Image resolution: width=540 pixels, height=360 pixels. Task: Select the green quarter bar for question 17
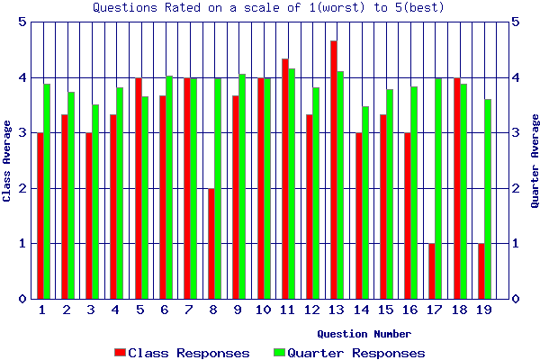438,188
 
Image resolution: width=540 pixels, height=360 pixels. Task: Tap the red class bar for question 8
211,243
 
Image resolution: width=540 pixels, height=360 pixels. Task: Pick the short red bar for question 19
481,270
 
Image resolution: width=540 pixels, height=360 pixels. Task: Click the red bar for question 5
138,188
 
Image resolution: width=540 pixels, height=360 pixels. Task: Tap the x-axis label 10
263,310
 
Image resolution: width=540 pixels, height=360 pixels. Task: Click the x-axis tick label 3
91,310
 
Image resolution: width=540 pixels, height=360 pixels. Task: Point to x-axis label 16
409,310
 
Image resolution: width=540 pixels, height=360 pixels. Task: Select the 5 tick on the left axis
22,22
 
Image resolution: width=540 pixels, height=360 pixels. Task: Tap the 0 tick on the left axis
22,299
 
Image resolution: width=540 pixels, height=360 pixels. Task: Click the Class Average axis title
7,160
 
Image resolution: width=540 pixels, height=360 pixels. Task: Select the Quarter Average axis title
534,160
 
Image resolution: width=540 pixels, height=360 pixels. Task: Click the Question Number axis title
364,333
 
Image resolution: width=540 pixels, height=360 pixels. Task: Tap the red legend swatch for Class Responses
120,353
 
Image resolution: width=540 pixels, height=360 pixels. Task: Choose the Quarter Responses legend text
355,353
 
